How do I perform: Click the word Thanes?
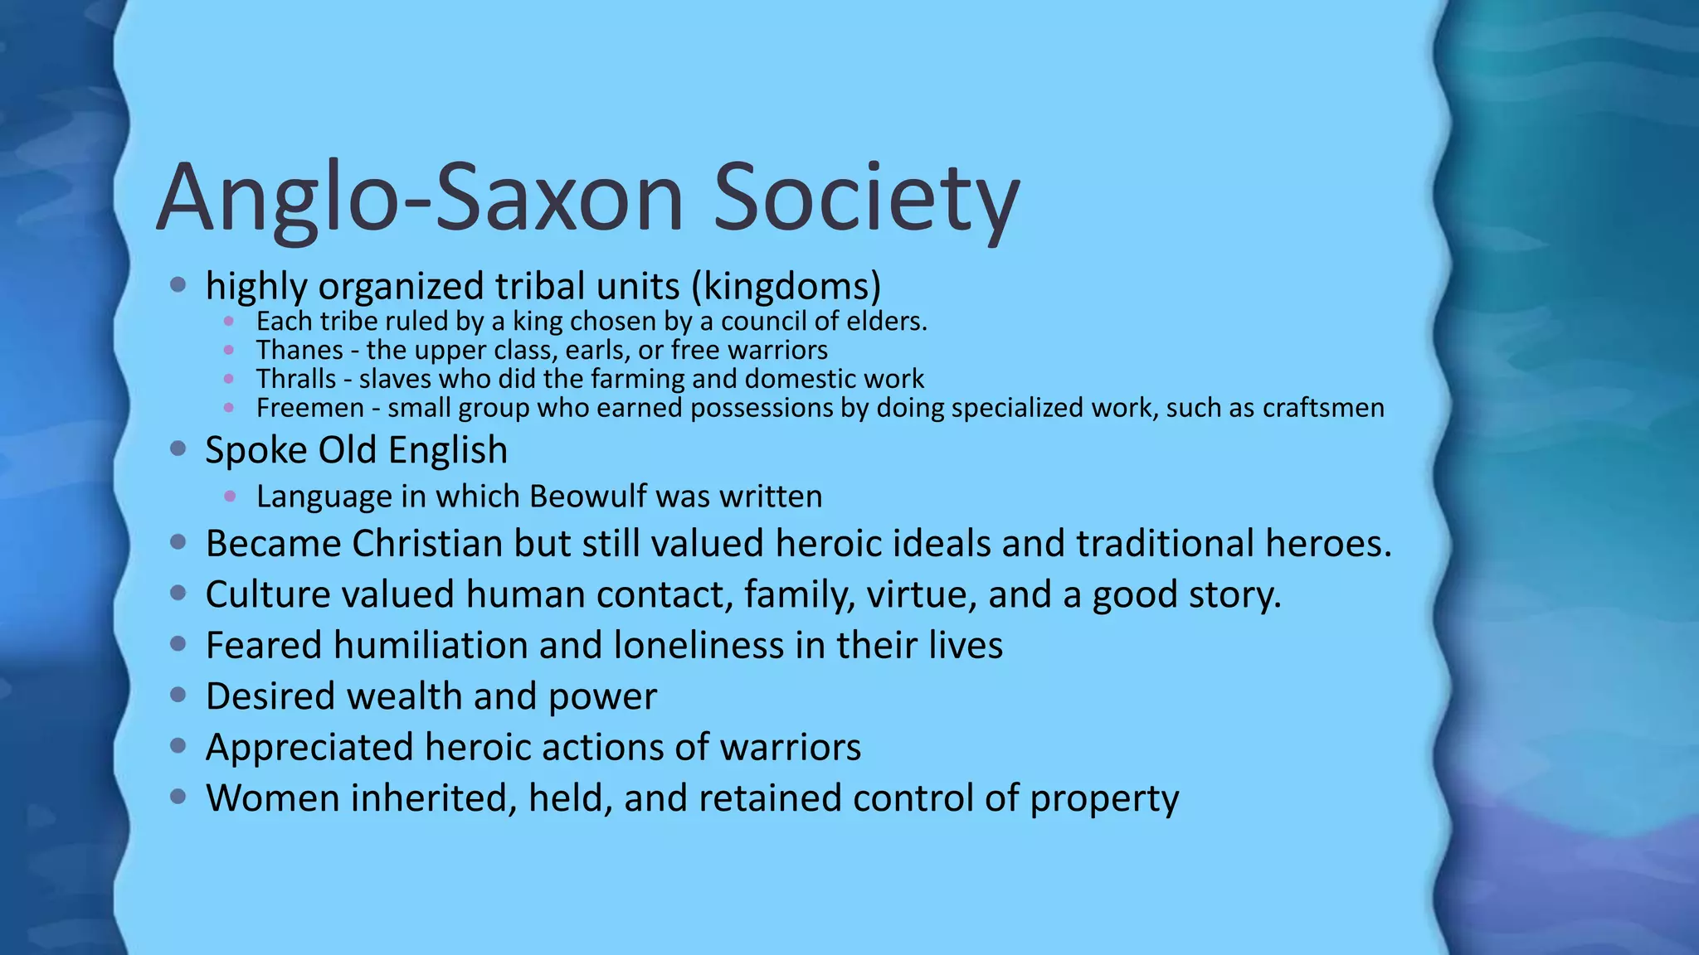point(299,351)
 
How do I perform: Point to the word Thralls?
point(296,379)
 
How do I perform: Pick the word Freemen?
point(309,408)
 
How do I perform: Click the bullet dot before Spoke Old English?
point(178,449)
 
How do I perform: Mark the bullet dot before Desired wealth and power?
point(178,695)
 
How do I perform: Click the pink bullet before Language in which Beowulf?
point(230,497)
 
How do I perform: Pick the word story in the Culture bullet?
point(1235,595)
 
